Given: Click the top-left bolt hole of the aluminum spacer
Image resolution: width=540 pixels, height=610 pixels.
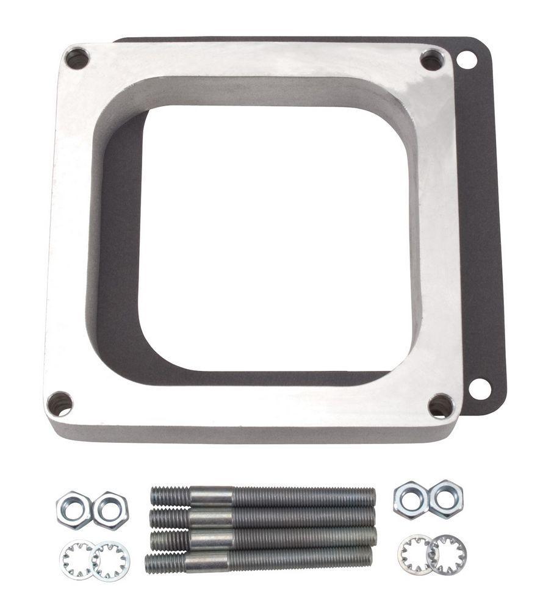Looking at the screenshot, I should pyautogui.click(x=77, y=59).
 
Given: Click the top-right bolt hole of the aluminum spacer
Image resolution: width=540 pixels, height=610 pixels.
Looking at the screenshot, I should pyautogui.click(x=432, y=60).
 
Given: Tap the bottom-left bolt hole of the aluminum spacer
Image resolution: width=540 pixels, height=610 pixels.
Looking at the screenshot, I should pyautogui.click(x=60, y=404).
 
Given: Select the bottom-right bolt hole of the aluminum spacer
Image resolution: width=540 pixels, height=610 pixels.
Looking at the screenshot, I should pyautogui.click(x=441, y=406).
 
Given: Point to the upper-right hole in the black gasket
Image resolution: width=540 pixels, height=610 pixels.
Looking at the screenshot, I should pyautogui.click(x=467, y=60).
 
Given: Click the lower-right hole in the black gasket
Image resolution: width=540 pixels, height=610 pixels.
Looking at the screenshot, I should pyautogui.click(x=480, y=389).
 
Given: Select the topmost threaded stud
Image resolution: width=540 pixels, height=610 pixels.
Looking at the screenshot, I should pyautogui.click(x=262, y=497).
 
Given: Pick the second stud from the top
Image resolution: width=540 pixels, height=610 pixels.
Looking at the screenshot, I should pyautogui.click(x=262, y=517).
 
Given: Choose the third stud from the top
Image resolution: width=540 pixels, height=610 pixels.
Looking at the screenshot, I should pyautogui.click(x=262, y=537).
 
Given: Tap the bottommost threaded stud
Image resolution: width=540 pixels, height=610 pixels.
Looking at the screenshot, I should pyautogui.click(x=259, y=558).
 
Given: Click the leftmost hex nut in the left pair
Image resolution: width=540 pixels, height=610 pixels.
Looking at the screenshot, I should pyautogui.click(x=74, y=509).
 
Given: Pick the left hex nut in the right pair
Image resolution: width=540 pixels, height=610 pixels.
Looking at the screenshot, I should pyautogui.click(x=410, y=500).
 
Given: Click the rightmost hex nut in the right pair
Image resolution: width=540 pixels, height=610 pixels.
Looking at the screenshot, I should pyautogui.click(x=445, y=498).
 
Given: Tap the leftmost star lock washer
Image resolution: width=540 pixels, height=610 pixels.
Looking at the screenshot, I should pyautogui.click(x=77, y=559).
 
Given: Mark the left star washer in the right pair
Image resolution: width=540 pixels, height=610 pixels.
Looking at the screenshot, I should pyautogui.click(x=415, y=554).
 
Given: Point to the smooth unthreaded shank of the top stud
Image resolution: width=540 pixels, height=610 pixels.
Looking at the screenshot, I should pyautogui.click(x=211, y=496).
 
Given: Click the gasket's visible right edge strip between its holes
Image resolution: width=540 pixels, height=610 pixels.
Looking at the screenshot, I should pyautogui.click(x=485, y=226).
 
